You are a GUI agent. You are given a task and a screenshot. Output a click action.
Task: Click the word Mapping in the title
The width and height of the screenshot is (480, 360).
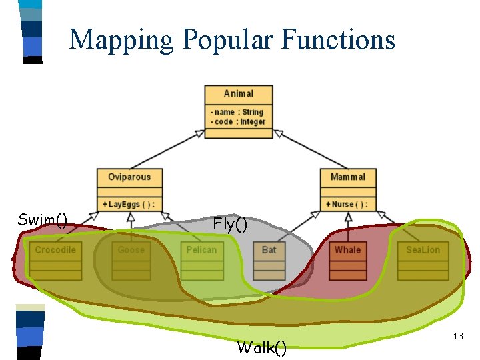click(x=122, y=39)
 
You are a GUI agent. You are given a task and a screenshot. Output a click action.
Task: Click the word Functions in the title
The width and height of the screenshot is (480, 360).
click(x=338, y=39)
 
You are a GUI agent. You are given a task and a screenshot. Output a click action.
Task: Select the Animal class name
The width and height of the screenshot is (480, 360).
click(x=238, y=94)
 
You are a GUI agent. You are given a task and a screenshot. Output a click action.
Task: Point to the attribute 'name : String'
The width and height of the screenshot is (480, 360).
click(x=238, y=112)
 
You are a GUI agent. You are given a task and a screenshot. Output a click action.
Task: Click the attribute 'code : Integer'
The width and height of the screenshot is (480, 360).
click(x=238, y=121)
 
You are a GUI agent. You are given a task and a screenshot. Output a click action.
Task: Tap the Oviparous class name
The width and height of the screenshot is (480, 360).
click(x=129, y=177)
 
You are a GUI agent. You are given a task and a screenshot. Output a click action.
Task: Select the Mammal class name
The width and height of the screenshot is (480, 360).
click(x=347, y=177)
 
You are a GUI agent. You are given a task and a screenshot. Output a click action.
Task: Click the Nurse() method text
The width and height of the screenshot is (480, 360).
click(x=347, y=204)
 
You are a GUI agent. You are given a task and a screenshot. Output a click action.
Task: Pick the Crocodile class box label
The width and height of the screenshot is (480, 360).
click(x=55, y=250)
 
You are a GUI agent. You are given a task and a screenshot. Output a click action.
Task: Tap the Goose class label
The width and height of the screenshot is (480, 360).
click(x=131, y=250)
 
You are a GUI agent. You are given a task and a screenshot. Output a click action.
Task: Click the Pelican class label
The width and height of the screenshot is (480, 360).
click(x=201, y=250)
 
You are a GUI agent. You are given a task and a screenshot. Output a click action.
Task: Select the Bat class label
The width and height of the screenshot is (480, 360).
click(x=269, y=250)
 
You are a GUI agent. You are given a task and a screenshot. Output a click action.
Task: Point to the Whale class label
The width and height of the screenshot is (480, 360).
click(x=347, y=250)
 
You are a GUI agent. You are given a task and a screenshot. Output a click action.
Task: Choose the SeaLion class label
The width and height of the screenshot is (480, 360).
click(x=423, y=250)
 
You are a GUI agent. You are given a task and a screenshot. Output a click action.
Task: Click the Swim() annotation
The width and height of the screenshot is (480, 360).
click(x=43, y=219)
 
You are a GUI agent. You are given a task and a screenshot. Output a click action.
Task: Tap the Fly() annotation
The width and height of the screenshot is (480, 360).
click(x=230, y=224)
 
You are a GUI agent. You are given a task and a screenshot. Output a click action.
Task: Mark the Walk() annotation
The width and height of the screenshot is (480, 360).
click(x=262, y=347)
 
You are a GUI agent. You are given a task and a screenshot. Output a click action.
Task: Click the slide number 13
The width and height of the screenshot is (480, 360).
click(x=457, y=337)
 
